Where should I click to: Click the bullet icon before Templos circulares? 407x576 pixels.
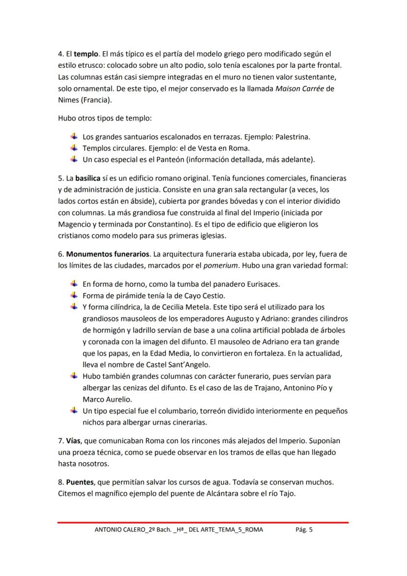point(74,148)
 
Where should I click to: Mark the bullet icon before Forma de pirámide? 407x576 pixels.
point(74,296)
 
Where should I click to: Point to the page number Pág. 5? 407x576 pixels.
point(304,530)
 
